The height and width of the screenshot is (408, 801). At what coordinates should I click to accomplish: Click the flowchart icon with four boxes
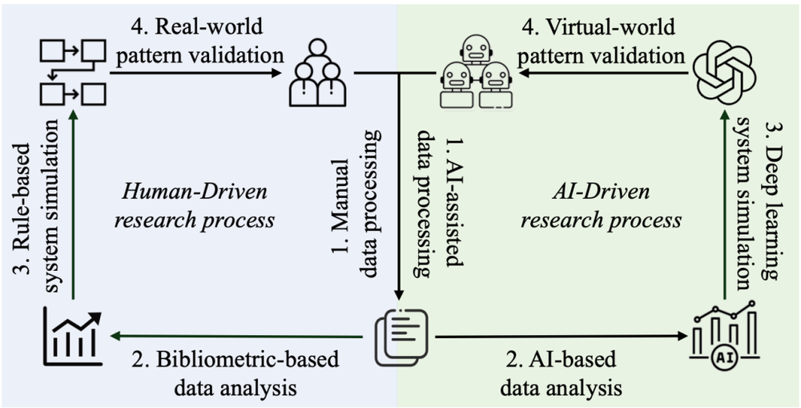(x=73, y=73)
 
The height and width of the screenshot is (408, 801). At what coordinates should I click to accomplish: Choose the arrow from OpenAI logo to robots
(x=602, y=73)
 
